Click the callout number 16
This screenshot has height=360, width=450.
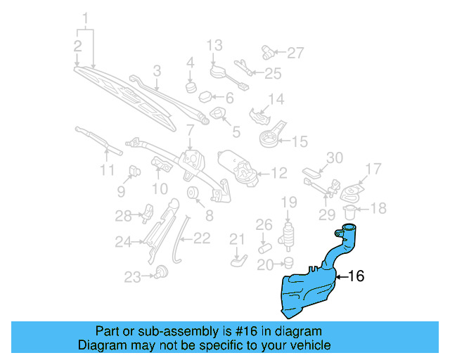click(356, 276)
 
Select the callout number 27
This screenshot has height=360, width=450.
click(295, 52)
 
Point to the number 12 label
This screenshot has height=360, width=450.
click(279, 171)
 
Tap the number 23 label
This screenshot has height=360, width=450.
click(133, 278)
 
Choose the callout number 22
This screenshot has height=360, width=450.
click(202, 238)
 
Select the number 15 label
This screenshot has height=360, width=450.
click(300, 141)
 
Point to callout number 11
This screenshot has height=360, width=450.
click(107, 170)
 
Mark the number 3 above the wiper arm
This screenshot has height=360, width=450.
click(157, 70)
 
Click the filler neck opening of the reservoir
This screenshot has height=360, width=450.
click(349, 227)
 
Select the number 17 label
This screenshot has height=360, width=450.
click(373, 168)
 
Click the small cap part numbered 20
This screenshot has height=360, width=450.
click(287, 262)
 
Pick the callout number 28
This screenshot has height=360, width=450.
click(124, 214)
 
